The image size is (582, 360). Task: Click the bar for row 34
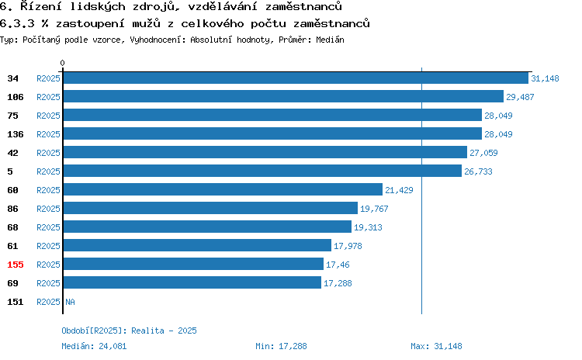click(x=296, y=78)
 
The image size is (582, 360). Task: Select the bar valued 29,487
click(x=283, y=96)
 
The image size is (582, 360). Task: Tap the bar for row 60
click(x=223, y=189)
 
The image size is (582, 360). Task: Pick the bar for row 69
click(x=192, y=283)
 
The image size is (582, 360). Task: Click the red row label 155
click(x=16, y=265)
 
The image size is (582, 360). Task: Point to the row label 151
click(x=16, y=302)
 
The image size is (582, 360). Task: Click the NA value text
click(x=70, y=302)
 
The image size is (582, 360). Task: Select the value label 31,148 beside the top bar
click(x=545, y=78)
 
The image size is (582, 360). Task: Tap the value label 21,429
click(x=399, y=190)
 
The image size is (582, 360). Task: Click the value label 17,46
click(x=338, y=265)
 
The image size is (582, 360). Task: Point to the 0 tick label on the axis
click(x=62, y=63)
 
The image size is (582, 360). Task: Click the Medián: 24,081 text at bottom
click(x=94, y=346)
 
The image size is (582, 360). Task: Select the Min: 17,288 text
click(x=281, y=346)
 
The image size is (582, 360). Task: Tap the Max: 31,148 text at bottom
click(x=436, y=346)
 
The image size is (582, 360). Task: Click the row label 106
click(x=16, y=97)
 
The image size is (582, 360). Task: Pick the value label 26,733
click(x=478, y=171)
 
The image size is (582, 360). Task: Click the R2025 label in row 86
click(x=48, y=209)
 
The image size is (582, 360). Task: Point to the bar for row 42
click(x=265, y=152)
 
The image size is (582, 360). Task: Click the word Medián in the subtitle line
click(x=330, y=40)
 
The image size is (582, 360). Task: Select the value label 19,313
click(x=368, y=227)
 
